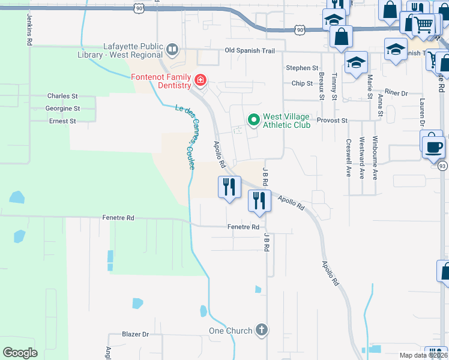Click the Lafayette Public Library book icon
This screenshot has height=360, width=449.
click(x=173, y=49)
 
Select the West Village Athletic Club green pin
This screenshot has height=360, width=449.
click(x=253, y=120)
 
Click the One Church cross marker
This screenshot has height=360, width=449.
click(x=261, y=330)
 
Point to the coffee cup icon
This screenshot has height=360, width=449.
click(x=433, y=146)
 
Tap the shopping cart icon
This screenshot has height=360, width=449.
click(x=424, y=25)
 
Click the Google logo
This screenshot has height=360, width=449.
click(x=20, y=353)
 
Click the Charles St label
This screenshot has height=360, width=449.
click(x=62, y=96)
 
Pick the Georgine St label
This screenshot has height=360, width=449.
click(x=62, y=109)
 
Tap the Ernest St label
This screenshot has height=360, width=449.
click(x=62, y=121)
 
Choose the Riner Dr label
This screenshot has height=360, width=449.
click(x=396, y=93)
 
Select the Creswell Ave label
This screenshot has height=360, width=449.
click(x=348, y=158)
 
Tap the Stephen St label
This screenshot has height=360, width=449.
click(x=302, y=68)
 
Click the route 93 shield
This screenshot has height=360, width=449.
click(x=442, y=166)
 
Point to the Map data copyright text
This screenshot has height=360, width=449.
click(x=423, y=355)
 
